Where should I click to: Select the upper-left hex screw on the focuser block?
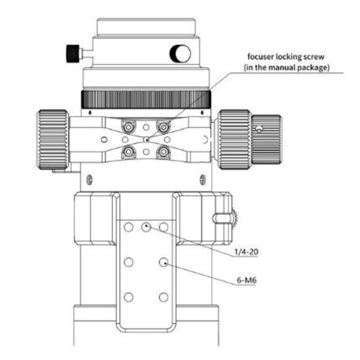coord(127,127)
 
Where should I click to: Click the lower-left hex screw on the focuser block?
coord(127,152)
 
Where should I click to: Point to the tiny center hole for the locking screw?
coord(145,139)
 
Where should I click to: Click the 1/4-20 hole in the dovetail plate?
coord(145,227)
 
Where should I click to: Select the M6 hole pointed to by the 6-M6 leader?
coord(163,262)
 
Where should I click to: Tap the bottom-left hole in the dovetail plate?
coord(127,297)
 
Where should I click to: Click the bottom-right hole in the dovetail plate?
coord(163,297)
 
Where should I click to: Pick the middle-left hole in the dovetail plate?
coord(127,262)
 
